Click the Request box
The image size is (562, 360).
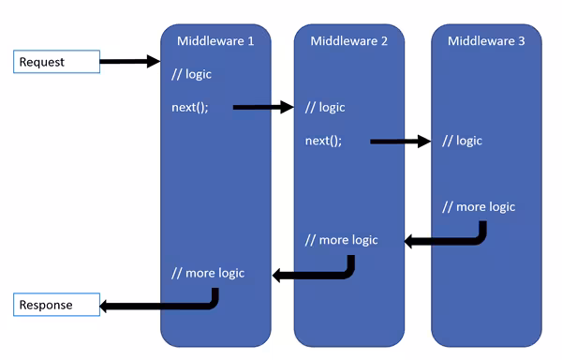click(x=56, y=62)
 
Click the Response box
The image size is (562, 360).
click(x=56, y=305)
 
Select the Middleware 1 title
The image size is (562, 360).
click(x=215, y=40)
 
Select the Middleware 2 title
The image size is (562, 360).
click(x=349, y=40)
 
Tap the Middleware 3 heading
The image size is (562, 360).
click(x=486, y=40)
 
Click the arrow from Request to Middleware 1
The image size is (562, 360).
click(x=130, y=62)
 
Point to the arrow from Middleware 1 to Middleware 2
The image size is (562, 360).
click(x=263, y=107)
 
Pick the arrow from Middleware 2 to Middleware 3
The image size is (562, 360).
click(x=400, y=142)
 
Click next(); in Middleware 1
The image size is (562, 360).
click(x=190, y=107)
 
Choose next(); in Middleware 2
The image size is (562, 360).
click(x=324, y=141)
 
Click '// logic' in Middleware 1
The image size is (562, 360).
click(x=192, y=74)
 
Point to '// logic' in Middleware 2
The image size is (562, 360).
click(x=326, y=107)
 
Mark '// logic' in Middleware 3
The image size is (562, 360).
click(x=462, y=141)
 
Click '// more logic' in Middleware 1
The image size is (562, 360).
click(x=208, y=273)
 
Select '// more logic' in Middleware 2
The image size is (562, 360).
click(x=342, y=240)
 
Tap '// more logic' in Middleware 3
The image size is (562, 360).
click(x=479, y=206)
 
